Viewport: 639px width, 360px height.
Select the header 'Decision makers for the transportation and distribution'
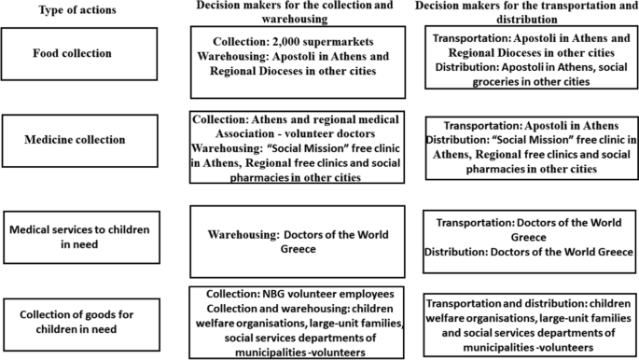532,11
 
